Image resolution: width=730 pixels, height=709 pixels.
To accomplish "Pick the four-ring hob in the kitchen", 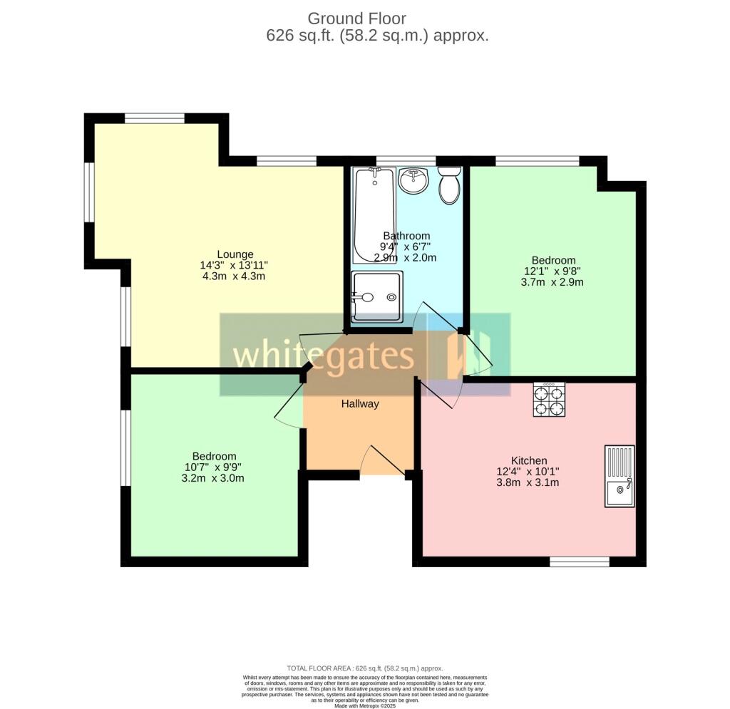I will [x=549, y=399].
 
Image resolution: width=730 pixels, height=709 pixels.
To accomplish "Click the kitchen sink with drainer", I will [x=619, y=476].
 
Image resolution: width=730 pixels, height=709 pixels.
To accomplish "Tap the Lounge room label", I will [x=235, y=254].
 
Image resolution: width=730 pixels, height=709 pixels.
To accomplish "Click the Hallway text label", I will [x=359, y=404].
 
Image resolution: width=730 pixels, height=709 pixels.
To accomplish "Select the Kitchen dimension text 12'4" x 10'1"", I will [x=529, y=472].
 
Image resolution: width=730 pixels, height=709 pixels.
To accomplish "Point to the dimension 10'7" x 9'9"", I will [x=214, y=467].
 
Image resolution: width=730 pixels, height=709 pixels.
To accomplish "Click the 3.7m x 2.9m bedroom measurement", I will [x=552, y=282].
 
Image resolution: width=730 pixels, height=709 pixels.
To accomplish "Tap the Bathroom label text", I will [x=406, y=236].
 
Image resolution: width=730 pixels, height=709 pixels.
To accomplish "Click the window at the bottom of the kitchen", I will [x=579, y=562].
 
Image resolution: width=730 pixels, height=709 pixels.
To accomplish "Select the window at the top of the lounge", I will [x=155, y=118].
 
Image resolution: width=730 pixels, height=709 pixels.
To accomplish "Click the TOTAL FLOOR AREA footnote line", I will [x=364, y=668].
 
